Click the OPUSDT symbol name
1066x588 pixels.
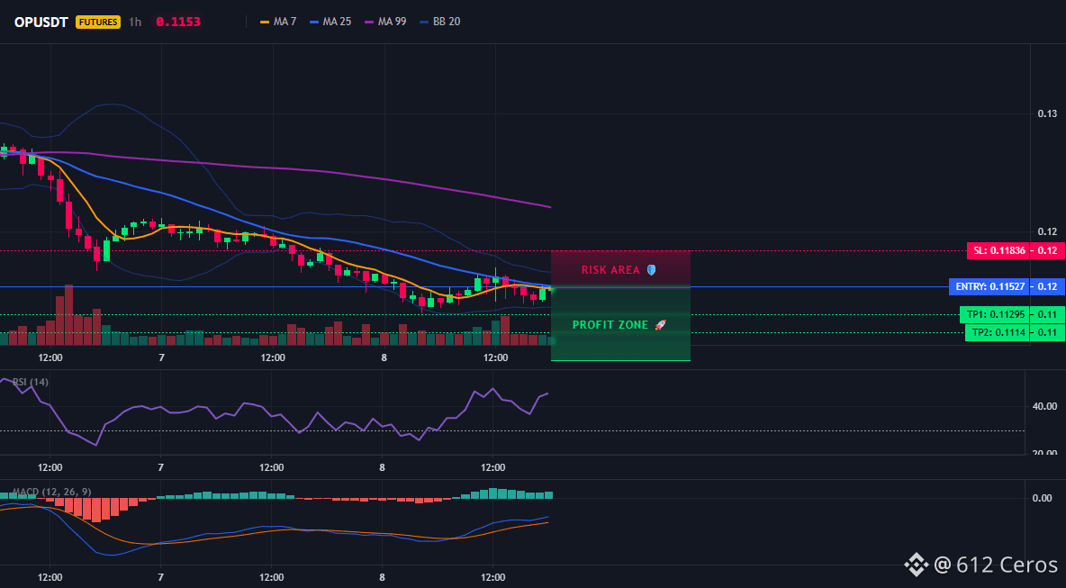pos(41,22)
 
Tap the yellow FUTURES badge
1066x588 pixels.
pos(98,22)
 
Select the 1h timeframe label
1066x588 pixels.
pos(135,22)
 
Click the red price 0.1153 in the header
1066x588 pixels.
pos(178,22)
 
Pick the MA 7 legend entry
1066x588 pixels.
pos(278,22)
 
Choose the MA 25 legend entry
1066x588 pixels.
pos(330,22)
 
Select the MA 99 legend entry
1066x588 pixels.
pos(385,22)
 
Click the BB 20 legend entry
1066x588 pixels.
pos(440,22)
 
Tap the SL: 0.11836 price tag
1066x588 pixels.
pos(998,251)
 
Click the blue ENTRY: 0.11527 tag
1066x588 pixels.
pos(989,287)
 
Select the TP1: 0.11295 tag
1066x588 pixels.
pos(994,315)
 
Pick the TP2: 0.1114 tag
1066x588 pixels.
pos(996,333)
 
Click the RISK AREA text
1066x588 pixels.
pos(610,270)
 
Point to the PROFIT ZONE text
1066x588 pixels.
pos(610,325)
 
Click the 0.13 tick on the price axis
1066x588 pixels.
pos(1047,113)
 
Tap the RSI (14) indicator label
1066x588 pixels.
pos(30,382)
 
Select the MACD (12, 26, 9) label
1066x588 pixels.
pos(51,492)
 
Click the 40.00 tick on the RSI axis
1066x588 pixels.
pos(1044,406)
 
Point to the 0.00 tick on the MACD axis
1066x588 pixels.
pos(1042,498)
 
